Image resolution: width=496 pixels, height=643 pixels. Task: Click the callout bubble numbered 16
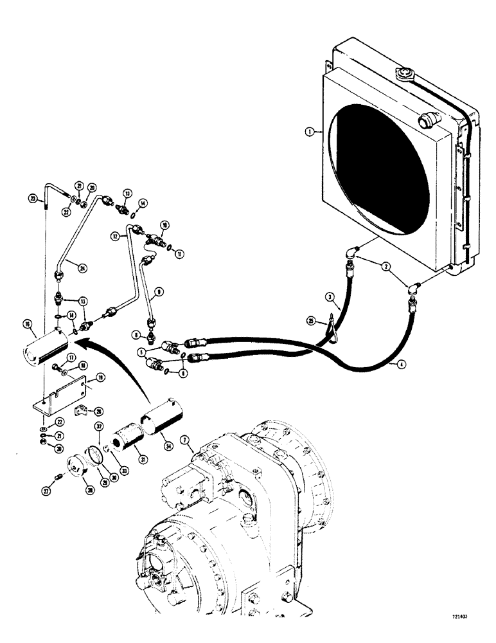[x=28, y=325]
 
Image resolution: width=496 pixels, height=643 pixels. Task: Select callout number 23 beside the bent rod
[x=33, y=197]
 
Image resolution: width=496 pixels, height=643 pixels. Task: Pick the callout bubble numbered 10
[x=165, y=225]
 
